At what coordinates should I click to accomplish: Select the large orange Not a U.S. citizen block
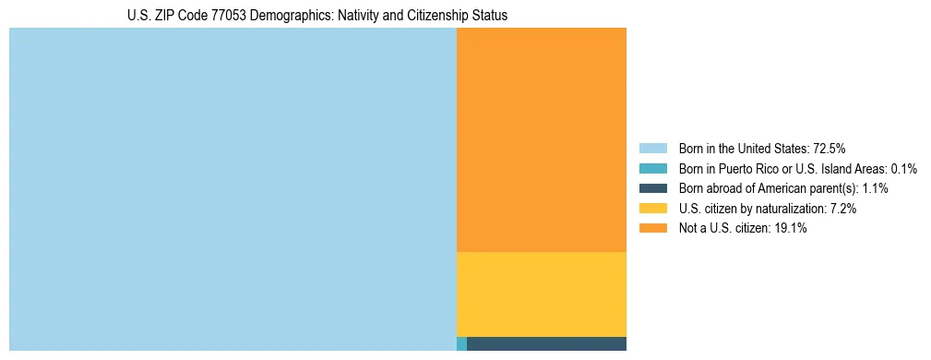(x=541, y=139)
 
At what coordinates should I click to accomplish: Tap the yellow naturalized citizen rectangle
(x=541, y=294)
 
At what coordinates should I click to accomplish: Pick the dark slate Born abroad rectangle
(x=546, y=344)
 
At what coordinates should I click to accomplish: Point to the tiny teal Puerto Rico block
(x=461, y=344)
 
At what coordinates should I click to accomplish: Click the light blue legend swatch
(x=652, y=148)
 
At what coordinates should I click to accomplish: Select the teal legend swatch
(x=652, y=168)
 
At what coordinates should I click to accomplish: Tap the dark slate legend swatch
(x=652, y=188)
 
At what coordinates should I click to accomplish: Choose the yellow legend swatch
(x=652, y=209)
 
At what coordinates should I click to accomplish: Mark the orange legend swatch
(x=652, y=229)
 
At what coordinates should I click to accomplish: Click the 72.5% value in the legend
(x=830, y=148)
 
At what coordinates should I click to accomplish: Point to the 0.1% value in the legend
(x=904, y=168)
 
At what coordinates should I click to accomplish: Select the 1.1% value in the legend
(x=875, y=188)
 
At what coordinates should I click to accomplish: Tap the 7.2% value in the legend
(x=843, y=209)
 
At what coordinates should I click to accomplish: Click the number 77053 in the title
(x=229, y=16)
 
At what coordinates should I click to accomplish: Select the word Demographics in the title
(x=285, y=16)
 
